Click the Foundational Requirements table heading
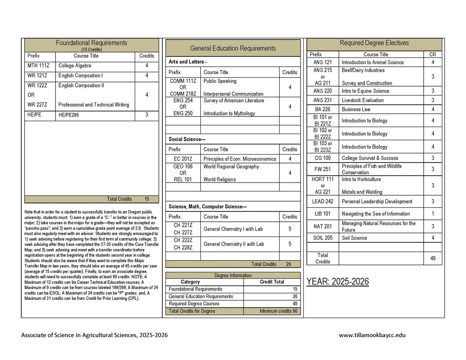[91, 43]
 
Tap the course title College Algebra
[75, 66]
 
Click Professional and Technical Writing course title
[94, 105]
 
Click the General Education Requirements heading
[233, 48]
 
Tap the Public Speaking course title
[220, 81]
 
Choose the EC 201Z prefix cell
[183, 159]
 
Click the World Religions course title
[220, 179]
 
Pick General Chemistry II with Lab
[233, 244]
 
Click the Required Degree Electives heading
[374, 43]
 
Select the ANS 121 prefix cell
[323, 62]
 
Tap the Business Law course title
[356, 109]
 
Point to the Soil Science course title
[354, 238]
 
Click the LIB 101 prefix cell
[323, 214]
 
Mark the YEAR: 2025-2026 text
[337, 282]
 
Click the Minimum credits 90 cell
[278, 311]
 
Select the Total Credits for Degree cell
[192, 311]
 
